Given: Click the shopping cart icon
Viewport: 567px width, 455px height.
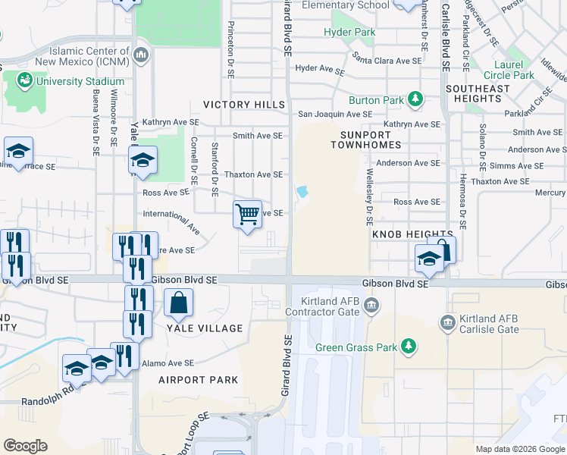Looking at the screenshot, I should click(248, 215).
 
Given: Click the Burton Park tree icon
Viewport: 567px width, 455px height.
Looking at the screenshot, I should click(415, 99).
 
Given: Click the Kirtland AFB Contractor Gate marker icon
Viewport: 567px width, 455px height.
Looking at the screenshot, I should click(371, 306).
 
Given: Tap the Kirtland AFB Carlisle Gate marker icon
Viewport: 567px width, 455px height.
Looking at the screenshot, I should click(447, 324).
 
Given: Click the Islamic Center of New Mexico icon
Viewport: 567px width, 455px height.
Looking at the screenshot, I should click(142, 56).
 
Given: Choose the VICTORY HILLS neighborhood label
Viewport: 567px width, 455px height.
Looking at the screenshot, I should click(243, 105).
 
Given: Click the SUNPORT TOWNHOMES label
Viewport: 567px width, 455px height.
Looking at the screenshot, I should click(359, 139).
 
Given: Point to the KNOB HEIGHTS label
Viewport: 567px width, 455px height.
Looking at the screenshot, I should click(412, 235).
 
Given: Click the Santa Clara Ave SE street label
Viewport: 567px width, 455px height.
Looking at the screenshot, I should click(387, 59).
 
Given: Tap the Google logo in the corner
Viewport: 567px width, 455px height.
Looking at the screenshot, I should click(25, 446).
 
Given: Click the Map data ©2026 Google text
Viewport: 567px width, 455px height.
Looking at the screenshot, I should click(519, 449).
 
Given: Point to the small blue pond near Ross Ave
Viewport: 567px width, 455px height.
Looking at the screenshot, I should click(303, 192).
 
